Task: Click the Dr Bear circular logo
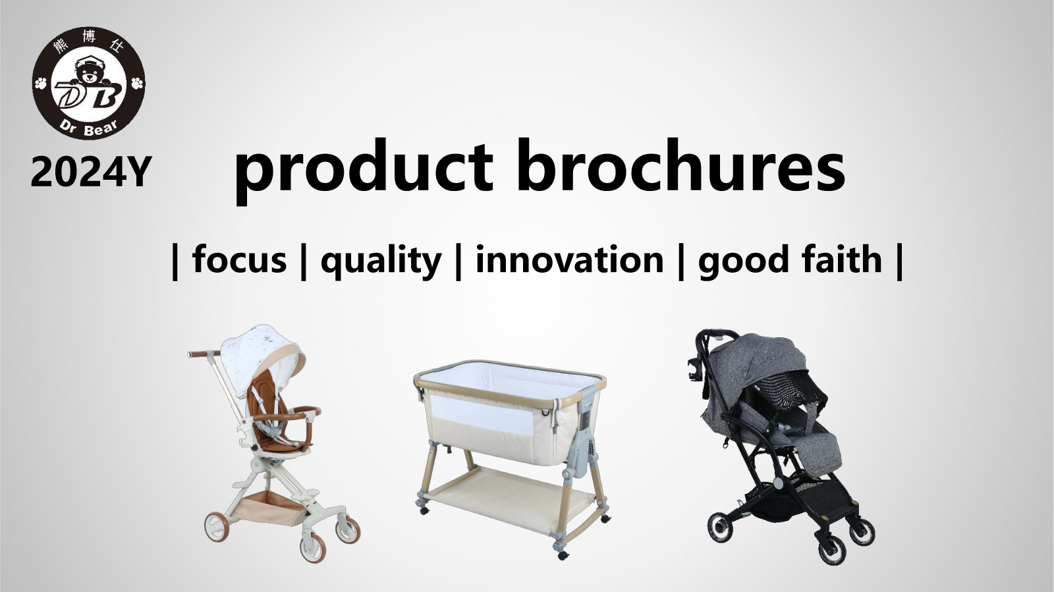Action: point(88,83)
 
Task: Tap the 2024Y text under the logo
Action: point(92,172)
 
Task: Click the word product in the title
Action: point(364,170)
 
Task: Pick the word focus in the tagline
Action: point(240,259)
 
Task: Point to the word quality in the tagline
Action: point(381,262)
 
